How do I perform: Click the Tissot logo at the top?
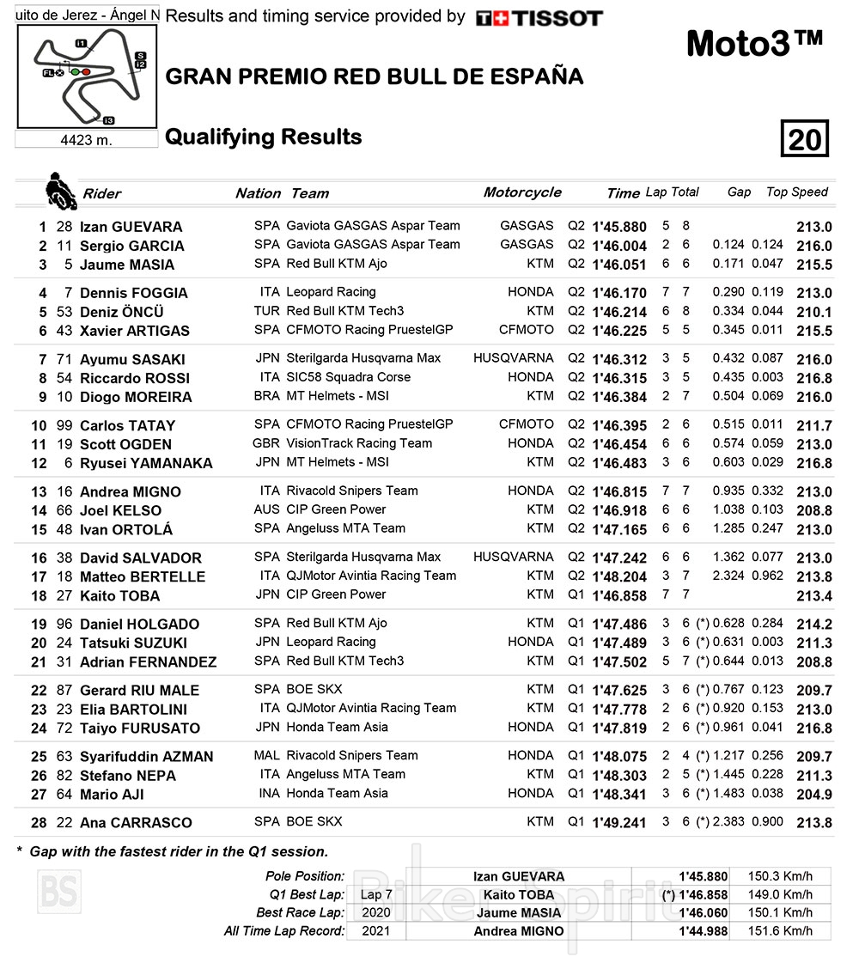click(x=539, y=18)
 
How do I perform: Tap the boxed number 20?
click(x=804, y=139)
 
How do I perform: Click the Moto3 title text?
click(x=754, y=44)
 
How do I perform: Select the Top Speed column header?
click(x=796, y=192)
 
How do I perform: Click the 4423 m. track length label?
click(x=86, y=140)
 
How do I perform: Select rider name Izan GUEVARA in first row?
click(x=131, y=227)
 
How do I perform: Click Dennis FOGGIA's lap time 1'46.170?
click(x=618, y=293)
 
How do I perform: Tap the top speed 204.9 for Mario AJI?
click(x=814, y=795)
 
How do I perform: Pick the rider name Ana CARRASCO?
click(x=136, y=823)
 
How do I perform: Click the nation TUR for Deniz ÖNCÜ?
click(x=266, y=311)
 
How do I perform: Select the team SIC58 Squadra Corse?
click(x=348, y=377)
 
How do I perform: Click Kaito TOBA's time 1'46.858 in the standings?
click(x=618, y=595)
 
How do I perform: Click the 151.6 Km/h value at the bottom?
click(x=779, y=930)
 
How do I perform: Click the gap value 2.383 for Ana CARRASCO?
click(x=728, y=822)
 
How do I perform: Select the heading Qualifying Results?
click(x=263, y=137)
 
